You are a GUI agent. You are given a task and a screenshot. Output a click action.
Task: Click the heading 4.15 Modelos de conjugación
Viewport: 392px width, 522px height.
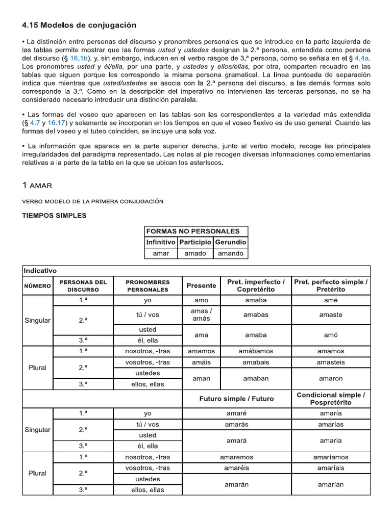79,25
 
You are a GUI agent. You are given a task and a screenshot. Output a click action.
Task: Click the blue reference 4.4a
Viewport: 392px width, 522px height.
361,59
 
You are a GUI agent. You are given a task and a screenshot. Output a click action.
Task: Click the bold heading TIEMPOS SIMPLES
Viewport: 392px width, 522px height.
54,216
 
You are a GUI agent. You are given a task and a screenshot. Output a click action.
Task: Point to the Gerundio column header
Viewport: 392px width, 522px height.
230,242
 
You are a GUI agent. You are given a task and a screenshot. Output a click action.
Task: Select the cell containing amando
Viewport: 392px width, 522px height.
230,253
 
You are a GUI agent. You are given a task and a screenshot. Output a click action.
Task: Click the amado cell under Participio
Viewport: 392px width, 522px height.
195,253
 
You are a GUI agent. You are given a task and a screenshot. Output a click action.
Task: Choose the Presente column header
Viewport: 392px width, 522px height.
201,285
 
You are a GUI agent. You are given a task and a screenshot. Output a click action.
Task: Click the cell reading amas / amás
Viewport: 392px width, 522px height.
201,315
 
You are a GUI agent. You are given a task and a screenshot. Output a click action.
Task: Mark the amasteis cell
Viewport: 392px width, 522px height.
331,362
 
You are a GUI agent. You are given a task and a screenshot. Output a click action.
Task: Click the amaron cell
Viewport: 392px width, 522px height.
331,379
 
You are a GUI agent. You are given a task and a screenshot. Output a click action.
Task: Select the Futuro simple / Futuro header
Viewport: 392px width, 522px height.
236,399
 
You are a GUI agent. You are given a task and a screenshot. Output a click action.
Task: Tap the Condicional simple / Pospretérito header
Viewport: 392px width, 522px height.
331,399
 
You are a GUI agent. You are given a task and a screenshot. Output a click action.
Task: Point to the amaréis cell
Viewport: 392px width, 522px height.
236,468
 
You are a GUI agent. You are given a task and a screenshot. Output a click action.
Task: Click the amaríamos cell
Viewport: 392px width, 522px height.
331,457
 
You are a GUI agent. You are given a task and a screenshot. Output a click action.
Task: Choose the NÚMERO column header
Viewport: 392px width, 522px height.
38,286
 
